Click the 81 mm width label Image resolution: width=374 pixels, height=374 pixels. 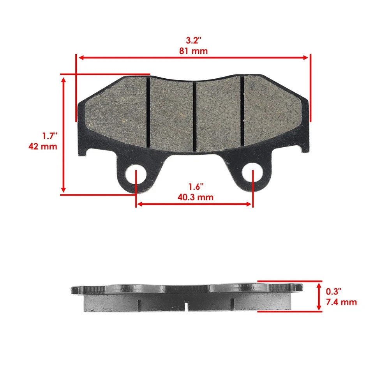pyautogui.click(x=194, y=51)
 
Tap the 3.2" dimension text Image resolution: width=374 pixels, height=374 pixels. pyautogui.click(x=194, y=40)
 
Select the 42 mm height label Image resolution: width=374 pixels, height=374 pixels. pyautogui.click(x=43, y=146)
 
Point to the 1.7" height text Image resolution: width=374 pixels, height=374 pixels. pyautogui.click(x=50, y=136)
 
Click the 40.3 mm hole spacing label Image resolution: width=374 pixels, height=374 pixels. pyautogui.click(x=195, y=197)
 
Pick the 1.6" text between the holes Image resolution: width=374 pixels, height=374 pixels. pyautogui.click(x=196, y=187)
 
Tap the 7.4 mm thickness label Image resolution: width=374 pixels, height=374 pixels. pyautogui.click(x=341, y=302)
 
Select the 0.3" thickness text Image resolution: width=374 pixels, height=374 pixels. pyautogui.click(x=334, y=291)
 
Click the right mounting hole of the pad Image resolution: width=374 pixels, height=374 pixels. pyautogui.click(x=252, y=172)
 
